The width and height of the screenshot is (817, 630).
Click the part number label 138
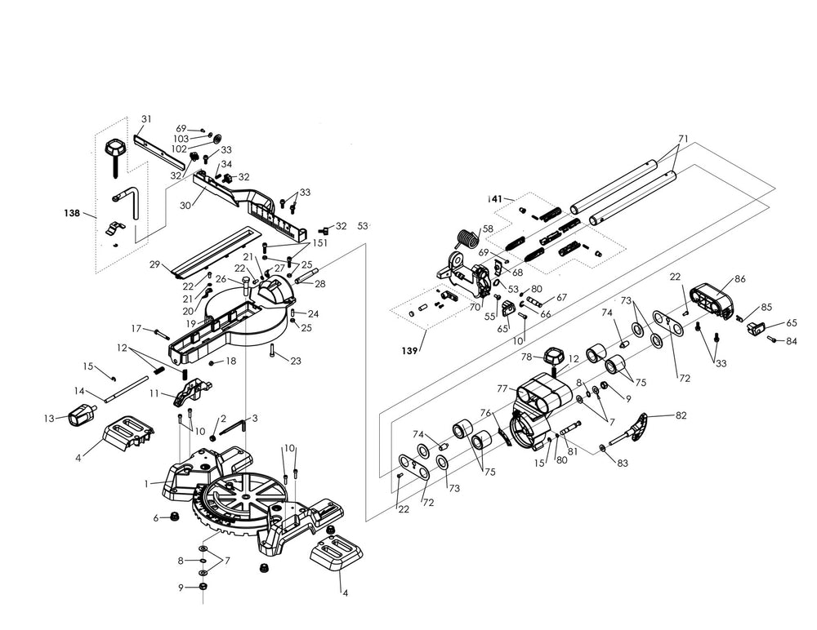(72, 214)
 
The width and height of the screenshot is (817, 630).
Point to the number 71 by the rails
(684, 137)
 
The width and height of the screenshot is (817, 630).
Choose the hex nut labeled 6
(173, 517)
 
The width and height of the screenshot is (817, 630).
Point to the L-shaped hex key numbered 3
(236, 425)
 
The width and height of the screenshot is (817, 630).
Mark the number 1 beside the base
(146, 483)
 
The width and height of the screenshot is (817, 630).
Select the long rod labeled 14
(127, 388)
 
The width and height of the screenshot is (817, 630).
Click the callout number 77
(503, 388)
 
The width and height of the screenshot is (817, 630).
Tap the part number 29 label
(154, 265)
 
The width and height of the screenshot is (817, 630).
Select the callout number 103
(181, 139)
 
